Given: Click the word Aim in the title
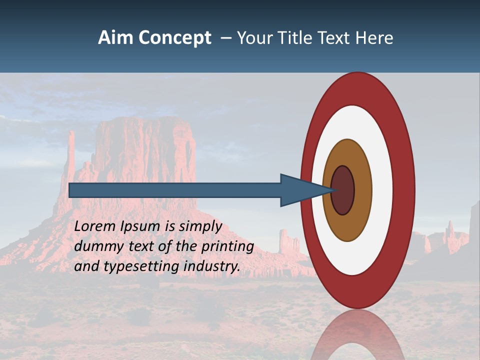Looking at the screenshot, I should click(x=115, y=38).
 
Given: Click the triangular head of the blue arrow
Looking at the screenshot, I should click(x=300, y=190).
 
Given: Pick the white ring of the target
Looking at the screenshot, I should click(x=382, y=190).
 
